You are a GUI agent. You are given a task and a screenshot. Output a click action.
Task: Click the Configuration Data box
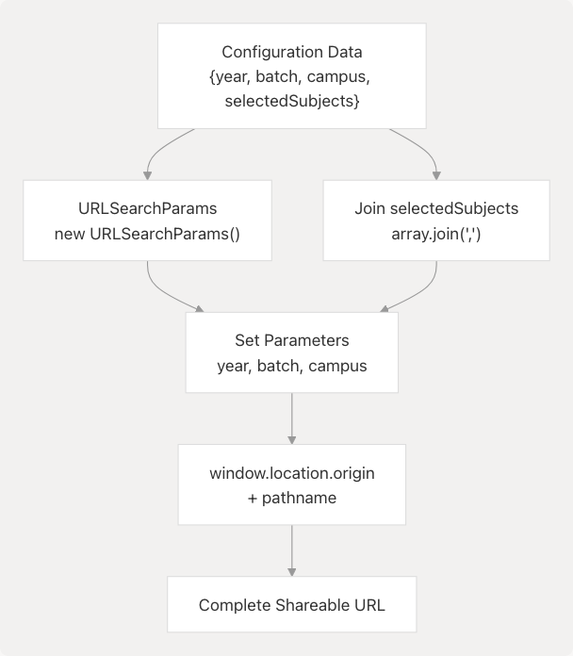pyautogui.click(x=291, y=75)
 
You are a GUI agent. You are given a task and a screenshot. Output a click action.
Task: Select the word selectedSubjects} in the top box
pyautogui.click(x=292, y=101)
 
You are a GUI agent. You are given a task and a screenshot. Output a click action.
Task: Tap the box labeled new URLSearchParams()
pyautogui.click(x=148, y=232)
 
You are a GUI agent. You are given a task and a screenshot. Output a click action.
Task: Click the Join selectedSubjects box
pyautogui.click(x=435, y=221)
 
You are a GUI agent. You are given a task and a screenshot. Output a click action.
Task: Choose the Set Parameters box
pyautogui.click(x=291, y=353)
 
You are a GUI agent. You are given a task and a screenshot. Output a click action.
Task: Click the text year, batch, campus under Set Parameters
pyautogui.click(x=291, y=366)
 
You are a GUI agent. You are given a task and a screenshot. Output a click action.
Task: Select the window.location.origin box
pyautogui.click(x=291, y=484)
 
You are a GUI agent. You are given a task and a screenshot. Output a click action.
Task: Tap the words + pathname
pyautogui.click(x=291, y=497)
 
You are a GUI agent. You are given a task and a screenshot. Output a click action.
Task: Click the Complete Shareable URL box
pyautogui.click(x=291, y=604)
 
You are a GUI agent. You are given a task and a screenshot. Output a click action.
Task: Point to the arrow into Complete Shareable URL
pyautogui.click(x=291, y=551)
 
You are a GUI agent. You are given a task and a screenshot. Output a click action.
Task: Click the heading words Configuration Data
pyautogui.click(x=291, y=52)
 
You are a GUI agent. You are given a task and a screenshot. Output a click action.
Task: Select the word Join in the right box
pyautogui.click(x=369, y=208)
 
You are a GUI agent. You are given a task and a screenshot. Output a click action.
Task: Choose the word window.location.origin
pyautogui.click(x=291, y=472)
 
